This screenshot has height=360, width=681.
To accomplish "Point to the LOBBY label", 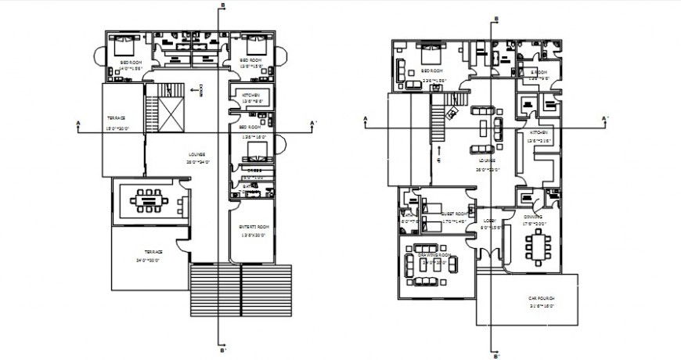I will [x=489, y=221].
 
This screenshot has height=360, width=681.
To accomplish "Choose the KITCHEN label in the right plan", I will [x=541, y=133].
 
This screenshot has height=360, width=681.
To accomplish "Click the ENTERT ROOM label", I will [x=254, y=227].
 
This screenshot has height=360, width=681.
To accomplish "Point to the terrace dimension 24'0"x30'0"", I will [x=149, y=260].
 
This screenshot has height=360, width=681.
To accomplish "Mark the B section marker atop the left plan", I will [x=223, y=6].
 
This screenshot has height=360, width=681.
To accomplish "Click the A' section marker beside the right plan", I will [x=604, y=118].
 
